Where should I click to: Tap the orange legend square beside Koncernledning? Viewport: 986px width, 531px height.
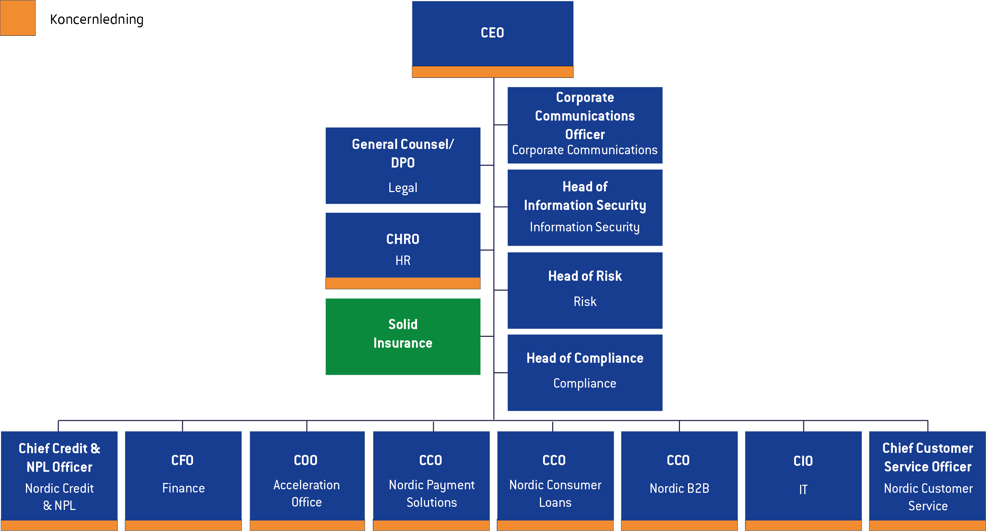pos(18,18)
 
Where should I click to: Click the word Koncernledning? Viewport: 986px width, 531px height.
pos(96,19)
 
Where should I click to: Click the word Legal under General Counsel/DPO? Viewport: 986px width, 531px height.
pos(403,188)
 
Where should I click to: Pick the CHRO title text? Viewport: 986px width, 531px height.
pos(403,239)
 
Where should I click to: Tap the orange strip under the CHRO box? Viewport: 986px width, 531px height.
pos(403,283)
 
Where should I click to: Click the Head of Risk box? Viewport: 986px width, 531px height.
pos(584,290)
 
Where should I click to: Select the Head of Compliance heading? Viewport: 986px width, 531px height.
pos(584,358)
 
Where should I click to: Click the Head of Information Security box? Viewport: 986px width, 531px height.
pos(584,207)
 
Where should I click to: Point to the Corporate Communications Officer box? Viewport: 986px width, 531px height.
pos(584,125)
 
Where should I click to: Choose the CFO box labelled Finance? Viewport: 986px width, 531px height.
pos(183,475)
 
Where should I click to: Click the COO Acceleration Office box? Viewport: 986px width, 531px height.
pos(307,475)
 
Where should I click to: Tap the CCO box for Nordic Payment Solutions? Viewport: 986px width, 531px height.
pos(431,475)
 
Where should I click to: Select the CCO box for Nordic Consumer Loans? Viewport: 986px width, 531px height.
pos(555,475)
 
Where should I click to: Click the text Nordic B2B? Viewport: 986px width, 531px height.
pos(679,489)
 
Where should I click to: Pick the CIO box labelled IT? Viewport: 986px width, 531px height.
pos(803,475)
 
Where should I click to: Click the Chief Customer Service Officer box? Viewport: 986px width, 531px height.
pos(928,475)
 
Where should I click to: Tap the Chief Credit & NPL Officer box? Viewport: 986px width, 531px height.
pos(59,475)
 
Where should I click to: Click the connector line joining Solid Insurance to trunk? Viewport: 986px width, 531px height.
pos(487,336)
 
